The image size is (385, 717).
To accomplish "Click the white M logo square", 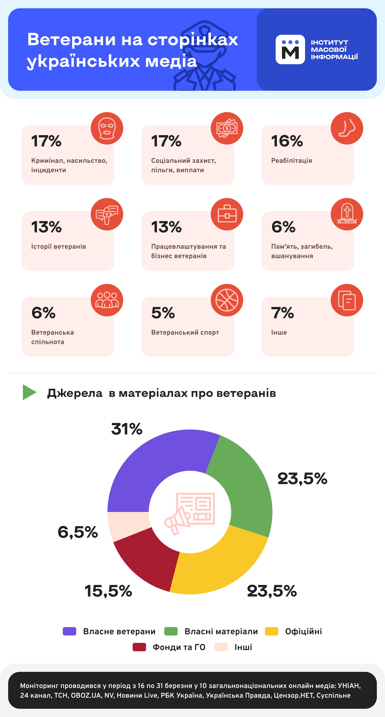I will coord(290,50).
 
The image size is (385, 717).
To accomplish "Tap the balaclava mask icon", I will coord(107,128).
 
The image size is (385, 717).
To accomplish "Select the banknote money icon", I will coord(227,128).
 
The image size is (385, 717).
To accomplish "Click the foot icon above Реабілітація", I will coord(347,128).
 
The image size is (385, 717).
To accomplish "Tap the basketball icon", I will coord(227,300).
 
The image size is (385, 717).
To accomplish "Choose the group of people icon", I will coord(107,300).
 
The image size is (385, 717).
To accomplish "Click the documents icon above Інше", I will coord(347,300).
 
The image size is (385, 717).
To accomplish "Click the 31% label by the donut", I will coord(127,429).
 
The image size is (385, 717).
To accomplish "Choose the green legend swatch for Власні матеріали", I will coord(171,631).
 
